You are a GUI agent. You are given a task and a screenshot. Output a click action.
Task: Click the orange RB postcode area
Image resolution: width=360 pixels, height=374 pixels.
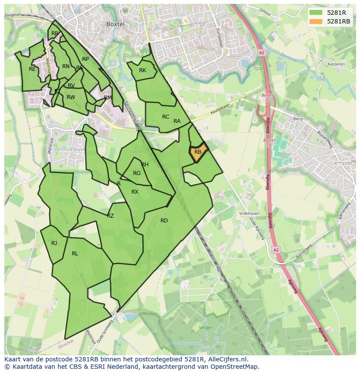click(x=198, y=153)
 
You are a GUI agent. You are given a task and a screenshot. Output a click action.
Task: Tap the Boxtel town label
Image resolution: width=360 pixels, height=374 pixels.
click(x=116, y=24)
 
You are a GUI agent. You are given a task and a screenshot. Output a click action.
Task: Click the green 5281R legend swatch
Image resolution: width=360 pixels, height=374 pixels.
click(x=316, y=12)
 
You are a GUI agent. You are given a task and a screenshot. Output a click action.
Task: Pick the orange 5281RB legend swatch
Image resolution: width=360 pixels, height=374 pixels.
click(x=316, y=21)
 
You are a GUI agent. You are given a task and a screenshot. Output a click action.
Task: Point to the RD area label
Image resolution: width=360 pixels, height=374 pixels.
click(x=164, y=221)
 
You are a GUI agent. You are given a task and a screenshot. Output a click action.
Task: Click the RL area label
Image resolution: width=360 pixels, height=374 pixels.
click(x=75, y=254)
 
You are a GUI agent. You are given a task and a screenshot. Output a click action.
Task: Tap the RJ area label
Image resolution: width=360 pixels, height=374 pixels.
click(x=54, y=243)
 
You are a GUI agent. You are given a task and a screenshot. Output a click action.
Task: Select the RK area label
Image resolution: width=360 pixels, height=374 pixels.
click(x=143, y=70)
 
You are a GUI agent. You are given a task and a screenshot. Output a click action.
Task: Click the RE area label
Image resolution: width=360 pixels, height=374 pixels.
click(x=32, y=69)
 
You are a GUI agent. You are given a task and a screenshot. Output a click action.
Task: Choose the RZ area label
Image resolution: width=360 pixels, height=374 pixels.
click(x=110, y=216)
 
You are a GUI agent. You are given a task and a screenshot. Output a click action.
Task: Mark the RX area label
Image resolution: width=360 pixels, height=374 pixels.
click(x=135, y=192)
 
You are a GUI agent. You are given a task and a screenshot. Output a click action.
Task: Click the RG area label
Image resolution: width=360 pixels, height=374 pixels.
click(x=137, y=173)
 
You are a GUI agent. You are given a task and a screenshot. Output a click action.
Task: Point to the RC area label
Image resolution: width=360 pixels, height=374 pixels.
click(x=166, y=117)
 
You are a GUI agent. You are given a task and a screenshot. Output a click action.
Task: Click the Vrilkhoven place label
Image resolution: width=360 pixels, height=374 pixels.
click(x=249, y=214)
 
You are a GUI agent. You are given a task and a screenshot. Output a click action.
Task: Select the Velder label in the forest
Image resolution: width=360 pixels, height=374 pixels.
click(x=205, y=328)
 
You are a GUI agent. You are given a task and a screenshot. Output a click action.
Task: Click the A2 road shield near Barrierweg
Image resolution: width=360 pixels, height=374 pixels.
click(x=276, y=250)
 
